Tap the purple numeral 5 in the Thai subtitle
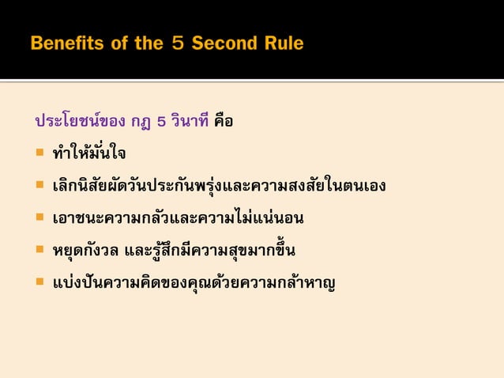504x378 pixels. click(x=161, y=123)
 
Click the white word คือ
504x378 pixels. click(x=224, y=123)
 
